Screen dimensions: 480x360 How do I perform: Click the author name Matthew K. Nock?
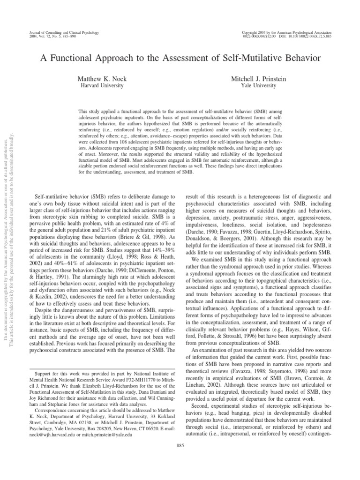click(x=102, y=80)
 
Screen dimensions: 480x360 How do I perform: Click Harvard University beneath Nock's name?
click(x=102, y=86)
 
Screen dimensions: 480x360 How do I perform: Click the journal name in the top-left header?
click(x=58, y=31)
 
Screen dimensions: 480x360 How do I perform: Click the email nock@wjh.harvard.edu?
click(x=51, y=435)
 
